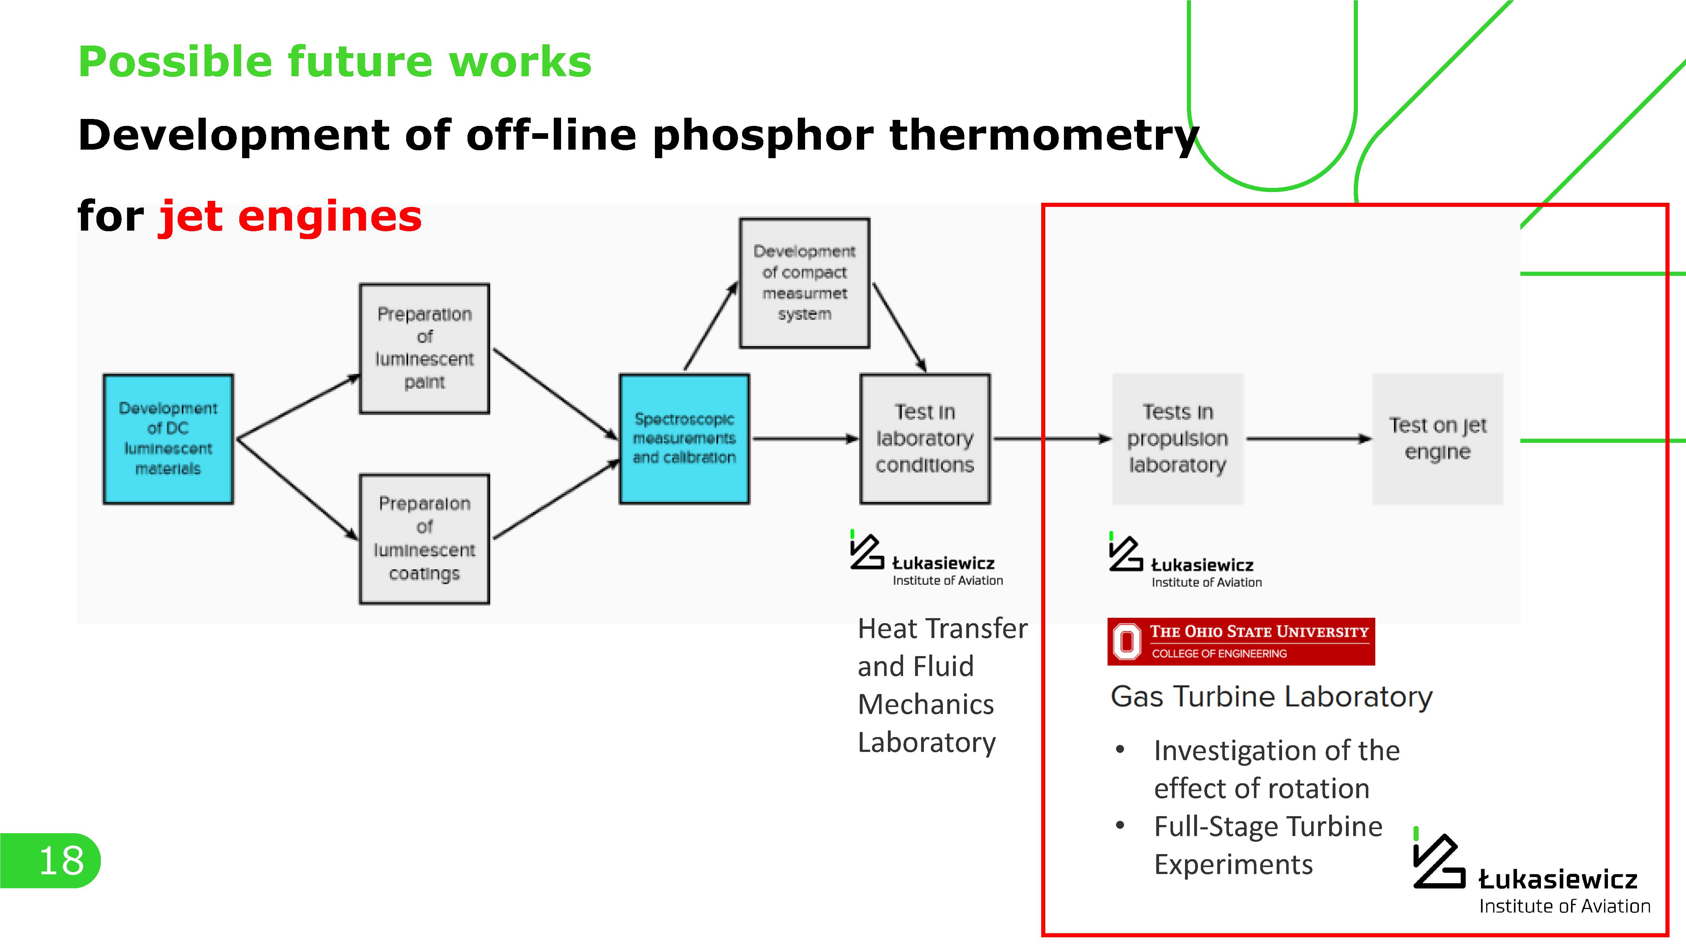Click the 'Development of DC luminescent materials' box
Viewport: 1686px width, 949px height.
pos(168,439)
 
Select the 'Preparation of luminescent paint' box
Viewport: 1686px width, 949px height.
pos(424,348)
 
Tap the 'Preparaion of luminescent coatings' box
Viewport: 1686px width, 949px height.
pos(424,538)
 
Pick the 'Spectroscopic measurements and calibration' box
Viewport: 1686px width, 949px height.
pos(684,439)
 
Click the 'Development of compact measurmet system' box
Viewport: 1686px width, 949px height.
pos(804,283)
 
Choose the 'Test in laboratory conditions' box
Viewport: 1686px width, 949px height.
pos(925,439)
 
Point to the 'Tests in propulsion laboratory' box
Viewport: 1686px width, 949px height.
pos(1177,439)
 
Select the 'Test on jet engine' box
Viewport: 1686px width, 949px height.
pos(1437,439)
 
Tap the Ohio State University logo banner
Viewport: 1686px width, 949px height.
pos(1241,642)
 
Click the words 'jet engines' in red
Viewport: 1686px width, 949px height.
pos(290,216)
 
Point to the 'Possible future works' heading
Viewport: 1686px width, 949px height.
pos(334,62)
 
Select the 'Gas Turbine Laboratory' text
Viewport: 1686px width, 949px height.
pos(1271,697)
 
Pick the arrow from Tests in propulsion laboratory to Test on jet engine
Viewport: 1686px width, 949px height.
pos(1308,439)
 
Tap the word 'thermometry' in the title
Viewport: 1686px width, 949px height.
pos(1043,136)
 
